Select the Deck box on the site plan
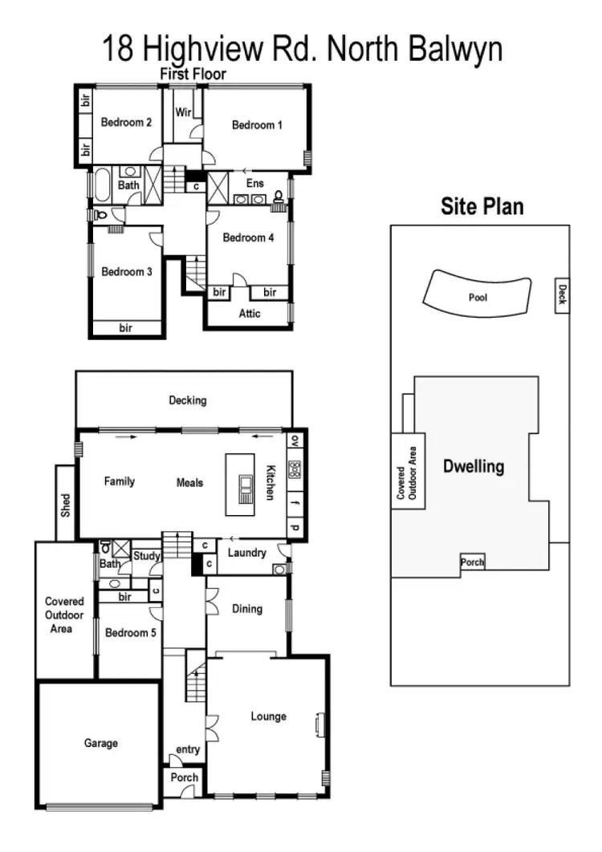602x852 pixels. [562, 296]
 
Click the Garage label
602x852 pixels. [101, 744]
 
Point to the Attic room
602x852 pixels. [250, 314]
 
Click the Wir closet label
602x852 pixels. [182, 112]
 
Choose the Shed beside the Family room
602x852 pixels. [66, 502]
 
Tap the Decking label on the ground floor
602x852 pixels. [188, 400]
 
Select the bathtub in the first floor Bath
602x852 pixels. [103, 185]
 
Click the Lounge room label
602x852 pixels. [268, 716]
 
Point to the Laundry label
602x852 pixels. [247, 553]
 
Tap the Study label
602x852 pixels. [147, 555]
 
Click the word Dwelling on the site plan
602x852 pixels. [474, 466]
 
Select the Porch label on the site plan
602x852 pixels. [472, 562]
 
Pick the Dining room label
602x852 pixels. [247, 609]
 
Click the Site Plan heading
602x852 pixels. [482, 206]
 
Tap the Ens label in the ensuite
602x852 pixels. [254, 184]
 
